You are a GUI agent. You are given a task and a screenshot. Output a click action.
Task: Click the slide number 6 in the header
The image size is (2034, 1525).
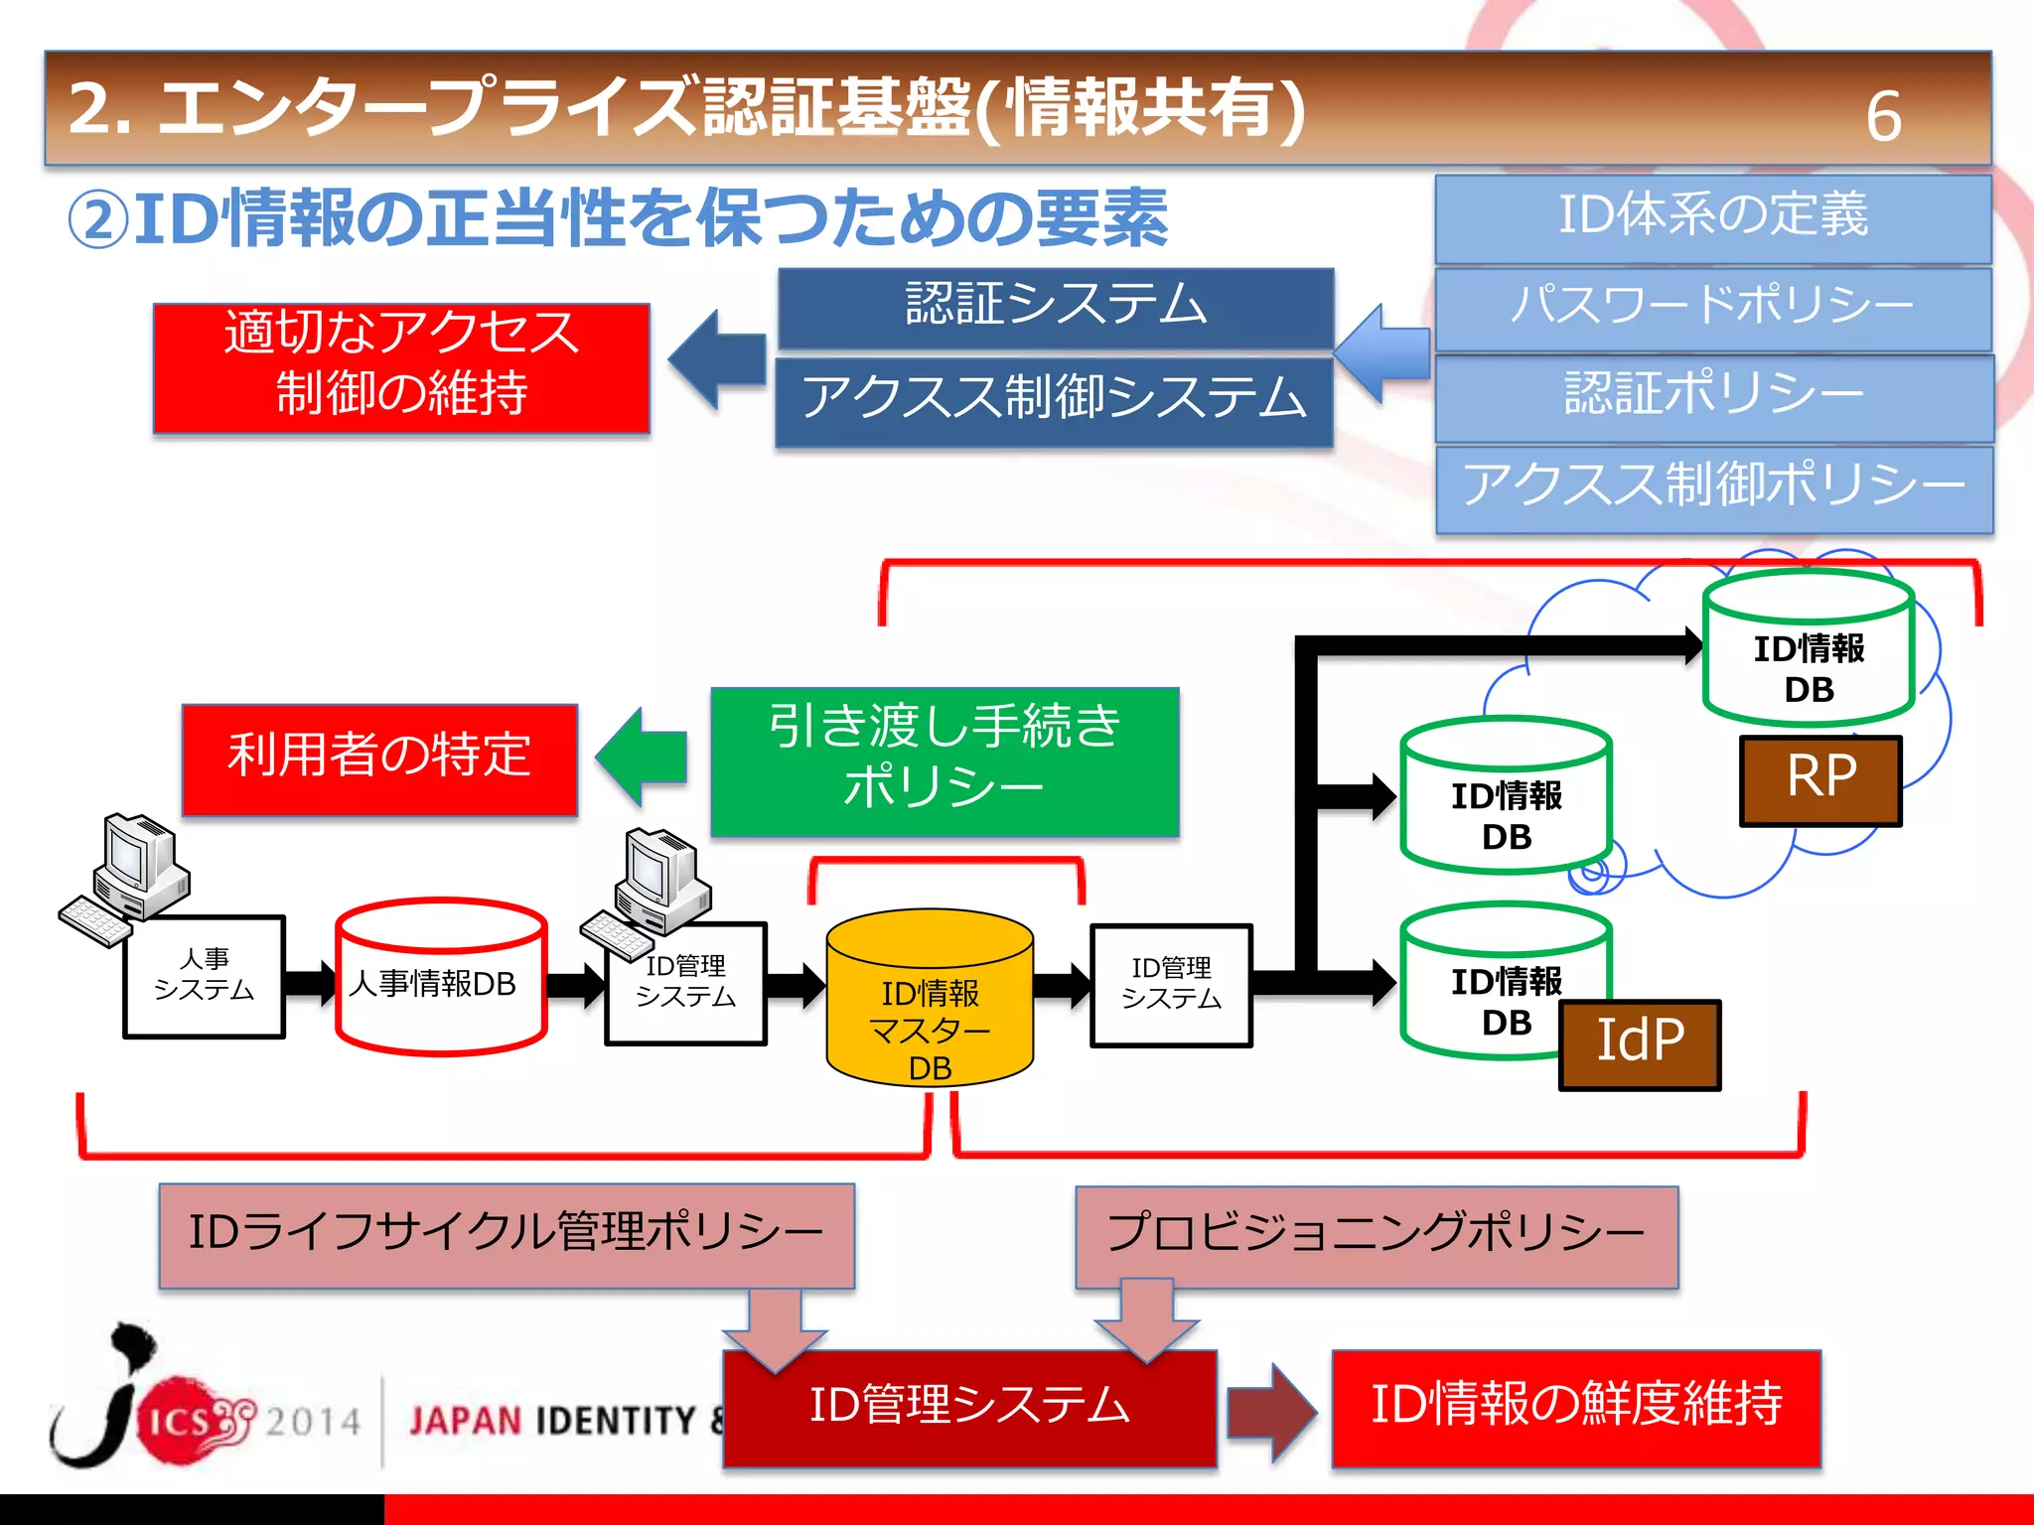[1883, 116]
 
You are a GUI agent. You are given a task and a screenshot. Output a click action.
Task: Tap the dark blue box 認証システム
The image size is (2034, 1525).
[1055, 307]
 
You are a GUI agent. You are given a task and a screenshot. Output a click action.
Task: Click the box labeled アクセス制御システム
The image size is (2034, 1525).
[1054, 400]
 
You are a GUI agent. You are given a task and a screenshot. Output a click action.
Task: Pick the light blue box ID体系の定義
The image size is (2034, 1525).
[1712, 217]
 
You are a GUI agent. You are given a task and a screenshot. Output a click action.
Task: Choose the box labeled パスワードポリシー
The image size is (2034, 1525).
[1712, 307]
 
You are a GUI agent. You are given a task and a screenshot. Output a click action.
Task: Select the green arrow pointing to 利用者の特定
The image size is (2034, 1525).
[644, 757]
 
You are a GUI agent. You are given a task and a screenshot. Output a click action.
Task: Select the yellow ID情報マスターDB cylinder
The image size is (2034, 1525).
[930, 1003]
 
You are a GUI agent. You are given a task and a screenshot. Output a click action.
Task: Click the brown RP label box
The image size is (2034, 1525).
[1820, 780]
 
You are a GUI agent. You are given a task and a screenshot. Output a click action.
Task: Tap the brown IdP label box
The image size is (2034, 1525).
[1639, 1044]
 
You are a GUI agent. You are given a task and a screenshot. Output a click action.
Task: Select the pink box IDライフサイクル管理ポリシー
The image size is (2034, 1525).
[507, 1234]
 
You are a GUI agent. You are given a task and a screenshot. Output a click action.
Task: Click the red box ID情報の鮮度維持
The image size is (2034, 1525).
[1576, 1407]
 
